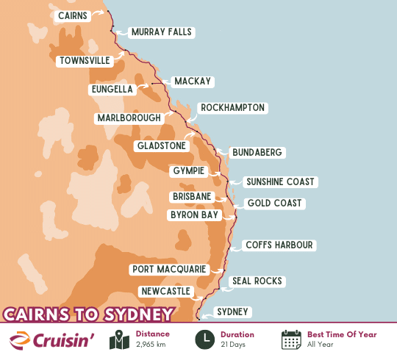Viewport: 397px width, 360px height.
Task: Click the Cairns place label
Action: pyautogui.click(x=71, y=15)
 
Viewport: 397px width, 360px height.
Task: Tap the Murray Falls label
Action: pyautogui.click(x=160, y=32)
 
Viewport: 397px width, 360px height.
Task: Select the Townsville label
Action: pyautogui.click(x=84, y=61)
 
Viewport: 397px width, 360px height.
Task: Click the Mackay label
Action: pyautogui.click(x=192, y=82)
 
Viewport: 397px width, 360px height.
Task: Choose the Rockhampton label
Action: pyautogui.click(x=232, y=108)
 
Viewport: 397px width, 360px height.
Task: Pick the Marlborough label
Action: pyautogui.click(x=129, y=118)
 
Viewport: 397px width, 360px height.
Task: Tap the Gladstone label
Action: pyautogui.click(x=162, y=146)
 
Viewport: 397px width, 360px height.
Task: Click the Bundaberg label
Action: pyautogui.click(x=257, y=153)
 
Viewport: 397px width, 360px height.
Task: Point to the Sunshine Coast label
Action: pyautogui.click(x=279, y=181)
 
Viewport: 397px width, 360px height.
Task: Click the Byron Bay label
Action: pyautogui.click(x=194, y=215)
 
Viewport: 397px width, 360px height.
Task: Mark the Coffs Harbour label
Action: pyautogui.click(x=279, y=245)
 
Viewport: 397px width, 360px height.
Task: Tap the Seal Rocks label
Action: pyautogui.click(x=257, y=281)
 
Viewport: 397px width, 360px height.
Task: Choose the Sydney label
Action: pyautogui.click(x=233, y=312)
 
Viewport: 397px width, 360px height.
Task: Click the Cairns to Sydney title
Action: pyautogui.click(x=88, y=314)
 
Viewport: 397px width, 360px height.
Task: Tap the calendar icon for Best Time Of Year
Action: pyautogui.click(x=292, y=340)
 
